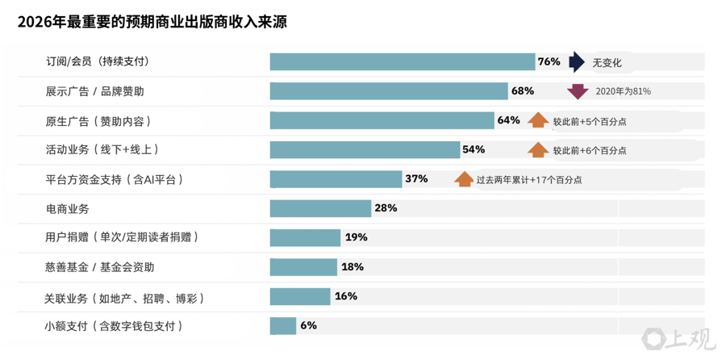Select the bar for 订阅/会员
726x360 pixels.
402,62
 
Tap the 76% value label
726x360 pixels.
549,62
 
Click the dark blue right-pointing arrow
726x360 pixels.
577,62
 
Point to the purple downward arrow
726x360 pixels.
578,91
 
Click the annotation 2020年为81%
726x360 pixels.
623,91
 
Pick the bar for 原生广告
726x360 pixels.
382,121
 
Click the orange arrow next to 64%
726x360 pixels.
538,121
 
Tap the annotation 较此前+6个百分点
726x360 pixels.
589,150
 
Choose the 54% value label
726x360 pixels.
474,149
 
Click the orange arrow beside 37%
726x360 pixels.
464,179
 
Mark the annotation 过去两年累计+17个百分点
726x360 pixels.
528,180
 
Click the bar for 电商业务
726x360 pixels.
320,208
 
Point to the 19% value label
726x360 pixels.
356,237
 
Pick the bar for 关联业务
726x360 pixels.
299,296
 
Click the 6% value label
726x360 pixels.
308,325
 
